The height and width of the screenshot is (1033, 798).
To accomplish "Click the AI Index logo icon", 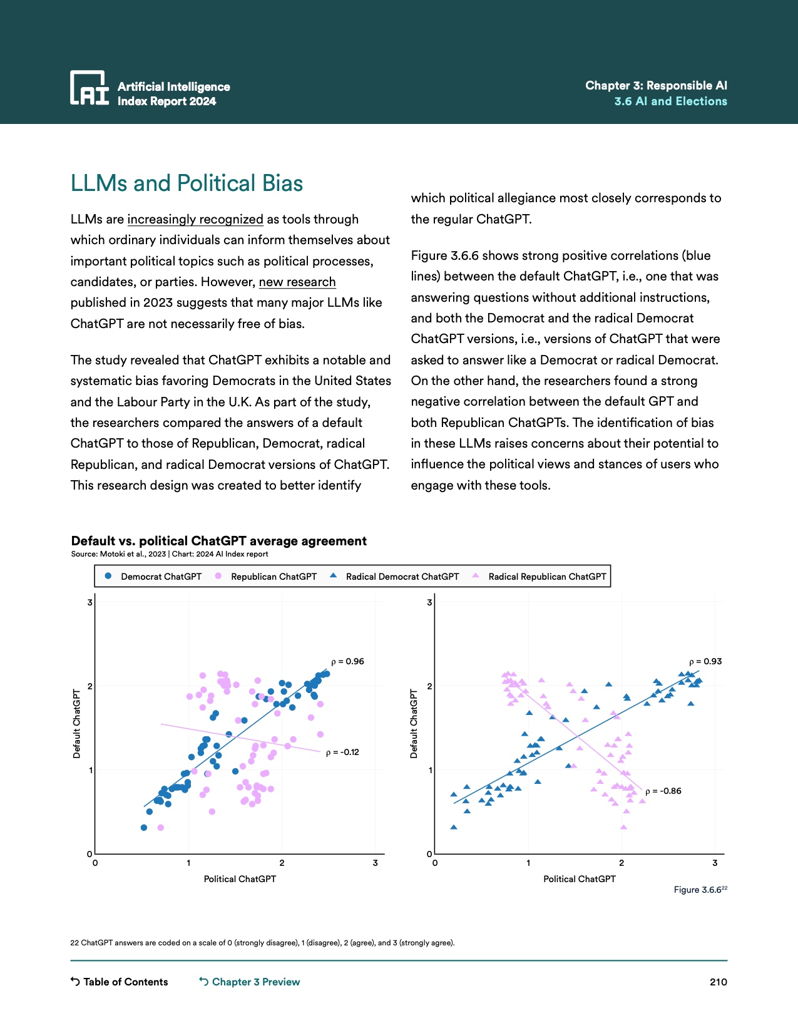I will pyautogui.click(x=89, y=87).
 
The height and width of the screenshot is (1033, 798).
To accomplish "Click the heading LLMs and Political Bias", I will pyautogui.click(x=187, y=183).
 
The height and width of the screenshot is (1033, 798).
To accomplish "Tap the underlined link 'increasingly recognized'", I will pyautogui.click(x=195, y=219).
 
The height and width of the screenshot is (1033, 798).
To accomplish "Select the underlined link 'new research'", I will pyautogui.click(x=297, y=282).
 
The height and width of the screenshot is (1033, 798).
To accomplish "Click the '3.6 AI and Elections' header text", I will pyautogui.click(x=670, y=101).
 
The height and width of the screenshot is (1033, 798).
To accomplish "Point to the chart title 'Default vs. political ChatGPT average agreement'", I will pyautogui.click(x=219, y=541).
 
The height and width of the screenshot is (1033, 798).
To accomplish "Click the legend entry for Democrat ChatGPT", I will pyautogui.click(x=153, y=577).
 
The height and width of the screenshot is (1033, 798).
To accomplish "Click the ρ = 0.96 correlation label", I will pyautogui.click(x=347, y=661).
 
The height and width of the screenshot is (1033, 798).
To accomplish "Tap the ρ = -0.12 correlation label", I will pyautogui.click(x=342, y=752).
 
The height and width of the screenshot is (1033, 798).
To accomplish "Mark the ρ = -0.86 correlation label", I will pyautogui.click(x=663, y=791).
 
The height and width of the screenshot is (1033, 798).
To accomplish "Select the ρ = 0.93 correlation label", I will pyautogui.click(x=705, y=661).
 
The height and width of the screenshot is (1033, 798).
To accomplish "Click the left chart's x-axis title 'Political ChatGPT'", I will pyautogui.click(x=240, y=879).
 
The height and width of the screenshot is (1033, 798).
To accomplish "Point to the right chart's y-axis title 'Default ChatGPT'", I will pyautogui.click(x=414, y=724).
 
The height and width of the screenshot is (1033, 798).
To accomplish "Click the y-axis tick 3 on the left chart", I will pyautogui.click(x=90, y=602).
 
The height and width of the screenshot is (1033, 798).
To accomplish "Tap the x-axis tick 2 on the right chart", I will pyautogui.click(x=622, y=863).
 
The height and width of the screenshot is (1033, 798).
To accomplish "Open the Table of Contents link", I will pyautogui.click(x=120, y=982).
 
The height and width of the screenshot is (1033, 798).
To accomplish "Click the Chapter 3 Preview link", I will pyautogui.click(x=250, y=982).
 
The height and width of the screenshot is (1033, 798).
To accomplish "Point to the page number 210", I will pyautogui.click(x=718, y=982).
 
